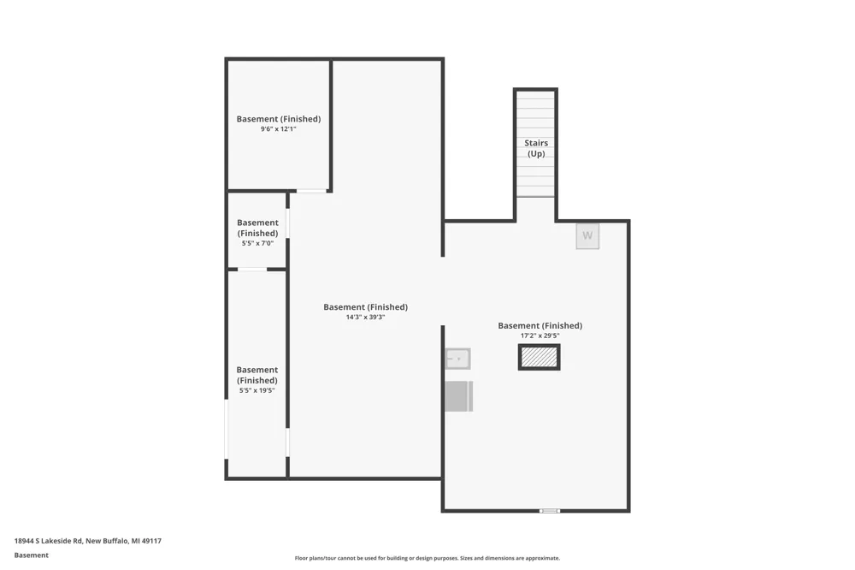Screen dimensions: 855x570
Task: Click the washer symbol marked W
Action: coord(587,236)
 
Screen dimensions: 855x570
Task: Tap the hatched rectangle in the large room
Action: coord(539,357)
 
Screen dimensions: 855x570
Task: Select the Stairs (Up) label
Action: coord(536,148)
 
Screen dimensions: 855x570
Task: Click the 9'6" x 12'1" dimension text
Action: coord(278,129)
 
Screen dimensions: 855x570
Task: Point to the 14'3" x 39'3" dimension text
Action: coord(365,317)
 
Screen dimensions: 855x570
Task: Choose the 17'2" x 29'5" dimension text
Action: coord(540,335)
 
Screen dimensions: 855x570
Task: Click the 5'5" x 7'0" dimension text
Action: coord(257,243)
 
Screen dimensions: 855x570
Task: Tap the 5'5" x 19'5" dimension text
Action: coord(256,390)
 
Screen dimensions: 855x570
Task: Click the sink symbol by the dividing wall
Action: coord(457,359)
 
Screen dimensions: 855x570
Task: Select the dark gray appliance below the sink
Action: coord(458,396)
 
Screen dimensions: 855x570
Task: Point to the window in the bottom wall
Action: coord(550,511)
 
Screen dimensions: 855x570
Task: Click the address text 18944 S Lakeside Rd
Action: coord(49,541)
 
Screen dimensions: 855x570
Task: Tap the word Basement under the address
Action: coord(31,555)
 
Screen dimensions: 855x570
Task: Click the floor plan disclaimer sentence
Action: coord(427,558)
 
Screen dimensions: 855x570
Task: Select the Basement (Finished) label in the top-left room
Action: coord(278,119)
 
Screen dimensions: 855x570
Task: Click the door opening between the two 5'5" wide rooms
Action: coord(252,269)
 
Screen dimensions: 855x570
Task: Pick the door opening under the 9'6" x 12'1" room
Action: coord(311,191)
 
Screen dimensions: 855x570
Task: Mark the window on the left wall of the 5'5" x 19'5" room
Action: coord(227,429)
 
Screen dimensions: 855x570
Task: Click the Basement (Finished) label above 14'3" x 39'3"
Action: coord(365,307)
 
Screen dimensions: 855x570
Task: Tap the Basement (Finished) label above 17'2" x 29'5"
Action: coord(540,326)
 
